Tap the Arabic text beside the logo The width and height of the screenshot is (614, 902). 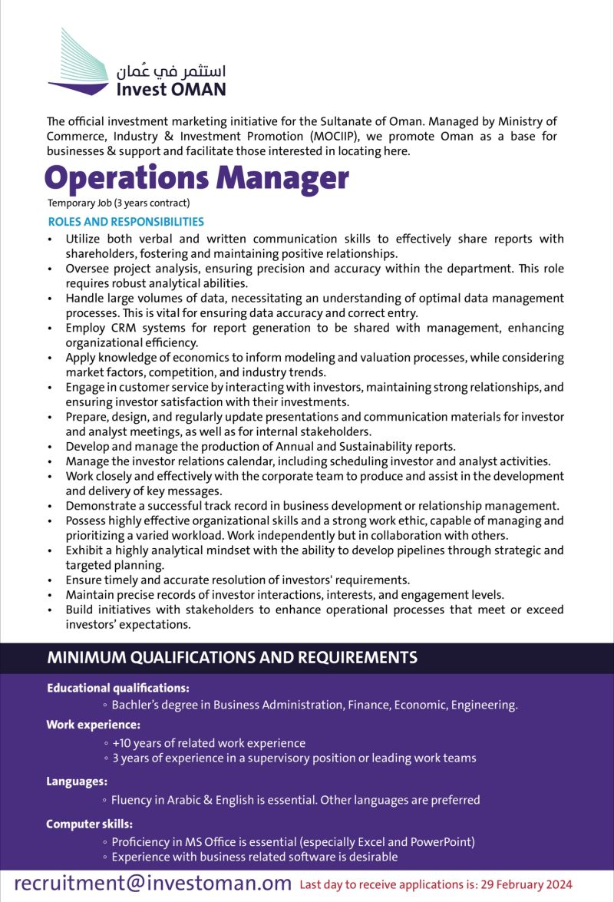(x=171, y=71)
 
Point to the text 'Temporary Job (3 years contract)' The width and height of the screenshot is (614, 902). (x=118, y=203)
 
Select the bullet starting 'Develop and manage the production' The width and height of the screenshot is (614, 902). (x=261, y=447)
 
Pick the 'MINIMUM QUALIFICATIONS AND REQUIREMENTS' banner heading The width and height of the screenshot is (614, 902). (x=233, y=658)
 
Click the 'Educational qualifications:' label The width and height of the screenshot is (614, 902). (x=118, y=689)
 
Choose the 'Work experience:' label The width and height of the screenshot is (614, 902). (x=93, y=725)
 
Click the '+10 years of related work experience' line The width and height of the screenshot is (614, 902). (x=208, y=743)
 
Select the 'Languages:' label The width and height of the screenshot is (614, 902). (x=77, y=781)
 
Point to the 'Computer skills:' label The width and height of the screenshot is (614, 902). (x=89, y=824)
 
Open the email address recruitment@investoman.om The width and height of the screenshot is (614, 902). (x=153, y=883)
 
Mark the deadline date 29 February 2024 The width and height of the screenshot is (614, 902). (x=526, y=884)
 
